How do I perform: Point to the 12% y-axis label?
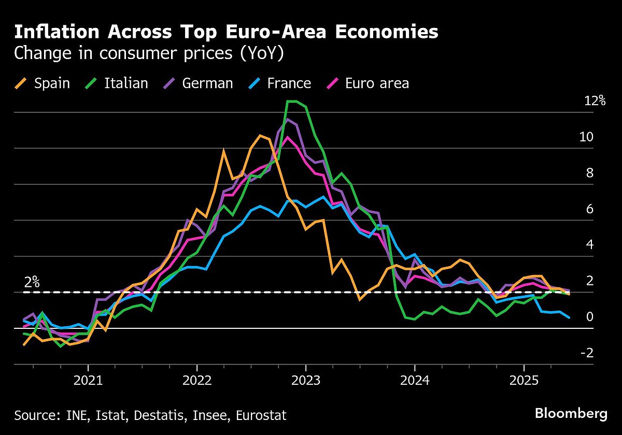click(x=595, y=101)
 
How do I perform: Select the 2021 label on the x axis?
click(x=88, y=381)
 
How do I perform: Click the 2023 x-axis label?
click(x=306, y=381)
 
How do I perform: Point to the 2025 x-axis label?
click(x=524, y=381)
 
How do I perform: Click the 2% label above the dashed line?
click(x=32, y=282)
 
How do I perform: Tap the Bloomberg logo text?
click(x=571, y=414)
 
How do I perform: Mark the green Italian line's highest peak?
click(x=291, y=102)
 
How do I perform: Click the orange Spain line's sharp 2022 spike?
click(x=223, y=151)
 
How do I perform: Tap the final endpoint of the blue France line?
click(x=570, y=317)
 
